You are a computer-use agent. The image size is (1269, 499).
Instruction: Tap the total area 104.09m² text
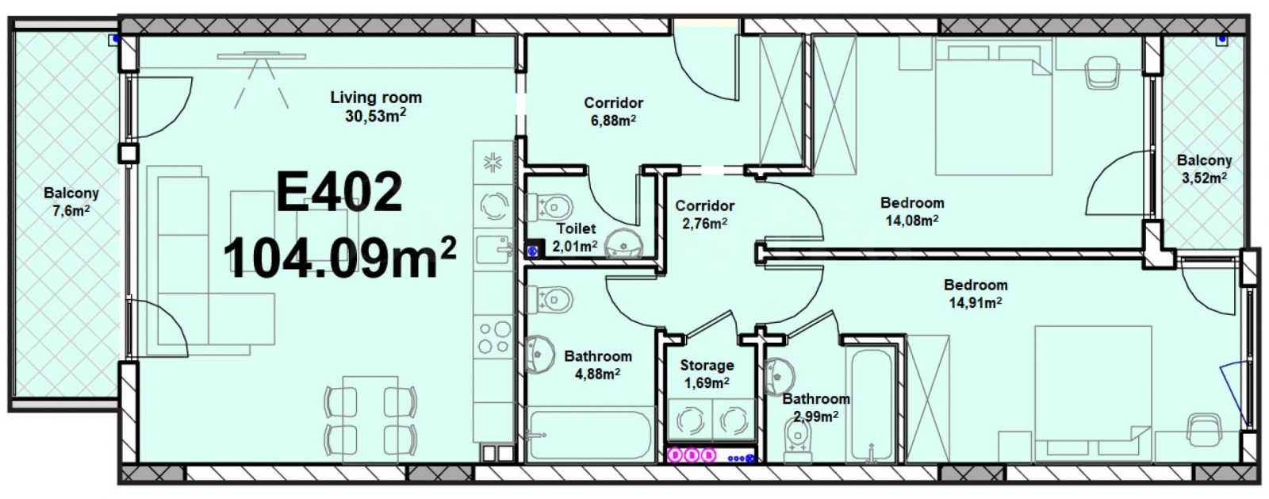[x=340, y=257]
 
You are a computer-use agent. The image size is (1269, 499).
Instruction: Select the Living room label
[x=376, y=98]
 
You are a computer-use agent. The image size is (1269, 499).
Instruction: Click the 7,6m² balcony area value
[x=71, y=211]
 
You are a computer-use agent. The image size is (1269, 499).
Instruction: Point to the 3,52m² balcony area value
[x=1205, y=178]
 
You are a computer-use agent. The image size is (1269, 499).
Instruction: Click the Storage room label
[x=707, y=366]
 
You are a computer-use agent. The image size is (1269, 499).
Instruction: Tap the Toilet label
[x=576, y=228]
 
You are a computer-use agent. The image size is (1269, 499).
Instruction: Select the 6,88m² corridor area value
[x=614, y=121]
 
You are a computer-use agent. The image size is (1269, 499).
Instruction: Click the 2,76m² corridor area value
[x=705, y=223]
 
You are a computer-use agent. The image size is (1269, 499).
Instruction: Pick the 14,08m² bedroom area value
[x=912, y=221]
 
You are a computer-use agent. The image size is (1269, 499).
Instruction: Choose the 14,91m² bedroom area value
[x=976, y=302]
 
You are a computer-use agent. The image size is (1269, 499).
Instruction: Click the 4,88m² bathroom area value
[x=598, y=374]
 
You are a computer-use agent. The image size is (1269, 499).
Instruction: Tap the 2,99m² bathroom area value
[x=816, y=416]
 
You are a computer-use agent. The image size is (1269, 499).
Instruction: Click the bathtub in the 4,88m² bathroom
[x=590, y=435]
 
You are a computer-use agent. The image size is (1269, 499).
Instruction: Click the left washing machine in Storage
[x=690, y=420]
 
